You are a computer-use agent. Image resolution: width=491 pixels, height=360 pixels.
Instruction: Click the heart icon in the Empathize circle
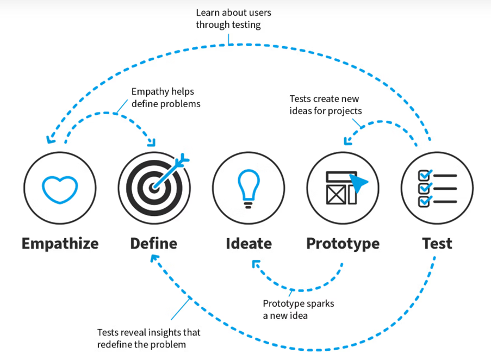(60, 188)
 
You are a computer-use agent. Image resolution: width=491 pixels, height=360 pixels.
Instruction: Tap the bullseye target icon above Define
(154, 188)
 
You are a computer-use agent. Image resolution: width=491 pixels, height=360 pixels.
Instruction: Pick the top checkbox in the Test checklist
(425, 175)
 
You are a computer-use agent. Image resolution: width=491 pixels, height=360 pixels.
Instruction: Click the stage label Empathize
(60, 243)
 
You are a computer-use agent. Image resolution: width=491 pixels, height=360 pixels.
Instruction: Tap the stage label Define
(154, 243)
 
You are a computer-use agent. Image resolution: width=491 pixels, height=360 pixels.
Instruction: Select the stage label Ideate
(248, 243)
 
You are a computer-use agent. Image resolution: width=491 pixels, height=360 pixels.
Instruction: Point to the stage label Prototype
(343, 243)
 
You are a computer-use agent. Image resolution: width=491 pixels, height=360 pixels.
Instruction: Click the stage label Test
(437, 243)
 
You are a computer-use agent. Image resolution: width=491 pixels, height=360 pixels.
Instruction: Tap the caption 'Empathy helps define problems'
(166, 97)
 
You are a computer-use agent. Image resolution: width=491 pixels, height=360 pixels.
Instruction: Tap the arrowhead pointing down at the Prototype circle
(346, 142)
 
